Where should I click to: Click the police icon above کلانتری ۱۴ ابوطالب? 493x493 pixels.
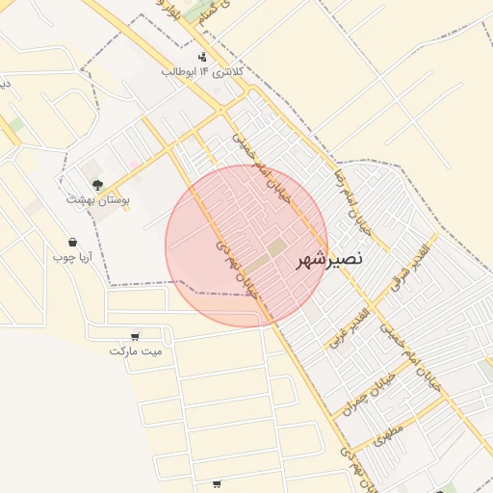(201, 57)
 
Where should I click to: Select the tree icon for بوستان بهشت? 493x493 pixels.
(96, 183)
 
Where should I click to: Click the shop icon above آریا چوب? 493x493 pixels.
(73, 243)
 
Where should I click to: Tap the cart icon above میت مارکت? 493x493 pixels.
(134, 337)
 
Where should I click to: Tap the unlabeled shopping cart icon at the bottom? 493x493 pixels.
(217, 483)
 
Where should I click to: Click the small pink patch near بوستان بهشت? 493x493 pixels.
(135, 166)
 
